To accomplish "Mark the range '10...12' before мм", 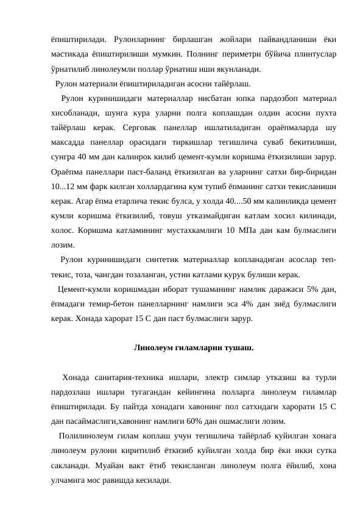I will pyautogui.click(x=65, y=186).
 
